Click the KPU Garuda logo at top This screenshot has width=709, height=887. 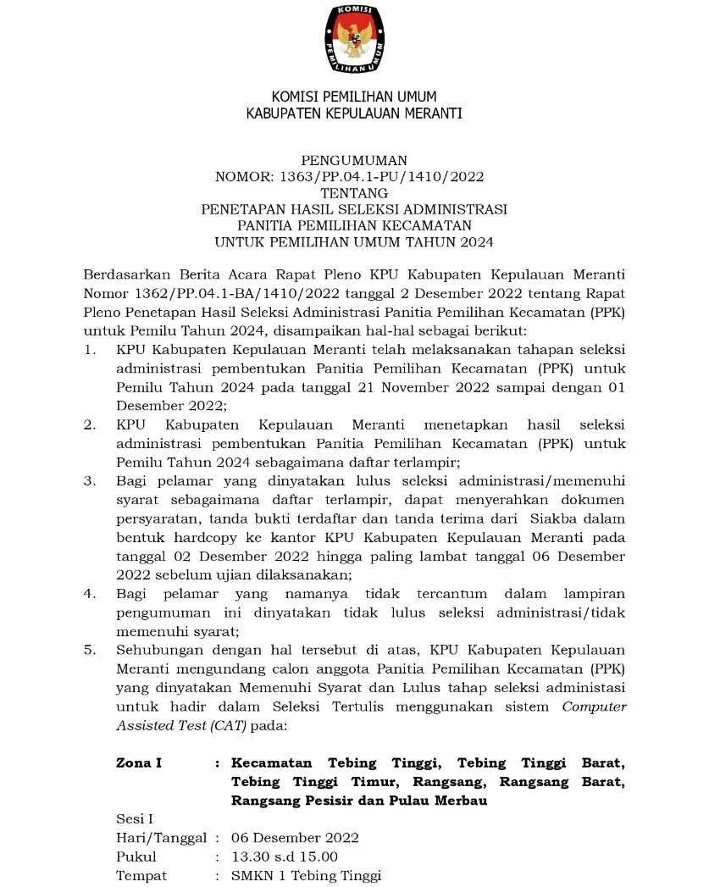point(354,39)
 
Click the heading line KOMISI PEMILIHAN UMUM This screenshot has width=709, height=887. point(354,97)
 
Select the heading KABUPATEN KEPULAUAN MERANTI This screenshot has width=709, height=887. point(354,114)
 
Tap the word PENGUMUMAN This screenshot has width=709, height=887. point(354,159)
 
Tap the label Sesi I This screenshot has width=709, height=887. point(134,818)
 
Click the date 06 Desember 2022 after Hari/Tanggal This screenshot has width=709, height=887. point(296,837)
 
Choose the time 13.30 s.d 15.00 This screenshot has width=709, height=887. point(285,857)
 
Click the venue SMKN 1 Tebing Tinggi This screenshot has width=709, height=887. point(307,875)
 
